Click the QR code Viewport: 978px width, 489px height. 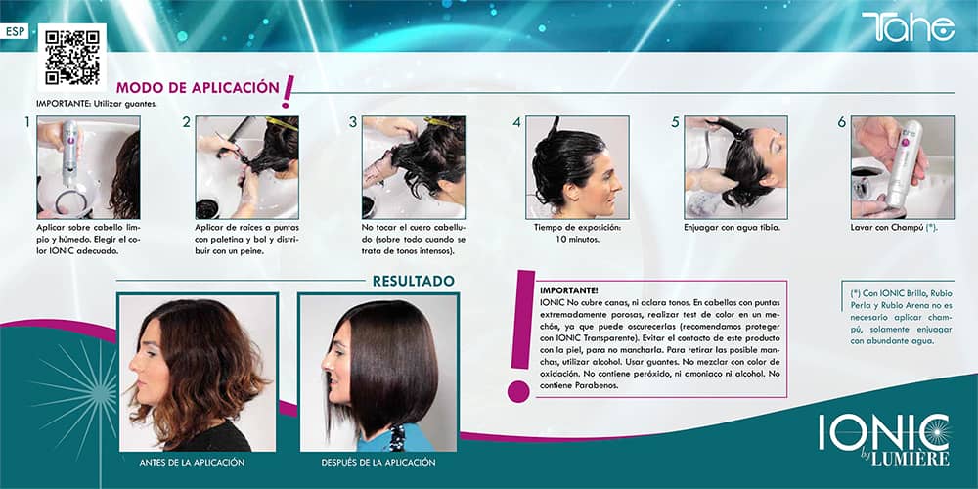(x=71, y=58)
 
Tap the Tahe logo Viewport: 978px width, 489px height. (x=909, y=26)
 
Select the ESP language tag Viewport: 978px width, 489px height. (x=14, y=32)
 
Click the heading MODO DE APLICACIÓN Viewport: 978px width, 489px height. (x=198, y=87)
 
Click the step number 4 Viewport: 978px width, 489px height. (x=516, y=123)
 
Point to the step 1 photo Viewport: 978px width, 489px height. (x=88, y=167)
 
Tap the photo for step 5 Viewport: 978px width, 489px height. (x=735, y=167)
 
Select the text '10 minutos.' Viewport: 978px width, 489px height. (x=577, y=239)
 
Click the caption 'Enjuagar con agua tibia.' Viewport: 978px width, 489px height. (x=733, y=227)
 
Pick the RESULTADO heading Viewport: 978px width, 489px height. (x=414, y=282)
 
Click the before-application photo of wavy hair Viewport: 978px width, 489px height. (x=198, y=373)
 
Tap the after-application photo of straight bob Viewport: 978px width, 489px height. (x=378, y=373)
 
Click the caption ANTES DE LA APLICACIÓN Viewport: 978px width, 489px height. (x=192, y=463)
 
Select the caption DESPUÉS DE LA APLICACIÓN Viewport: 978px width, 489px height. (x=378, y=463)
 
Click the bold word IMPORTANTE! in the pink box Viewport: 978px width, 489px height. (x=569, y=290)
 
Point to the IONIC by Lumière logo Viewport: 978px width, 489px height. (x=884, y=438)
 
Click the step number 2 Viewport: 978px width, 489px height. (x=186, y=123)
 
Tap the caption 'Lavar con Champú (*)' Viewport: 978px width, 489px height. (x=894, y=227)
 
